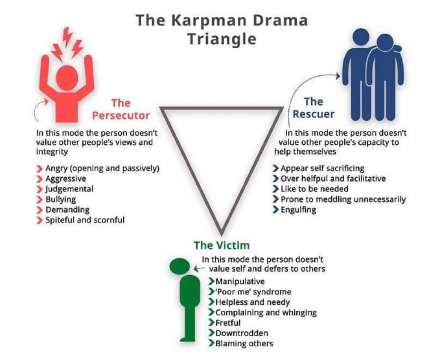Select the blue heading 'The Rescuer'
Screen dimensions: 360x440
(313, 108)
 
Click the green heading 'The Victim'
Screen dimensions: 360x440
(221, 245)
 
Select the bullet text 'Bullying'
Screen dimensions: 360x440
(61, 199)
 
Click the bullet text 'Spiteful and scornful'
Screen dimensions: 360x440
(85, 220)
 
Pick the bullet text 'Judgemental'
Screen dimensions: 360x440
(69, 189)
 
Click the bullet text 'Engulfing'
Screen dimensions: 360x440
(298, 210)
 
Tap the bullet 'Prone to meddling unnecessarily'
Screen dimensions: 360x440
(343, 199)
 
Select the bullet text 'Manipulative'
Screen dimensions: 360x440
(240, 282)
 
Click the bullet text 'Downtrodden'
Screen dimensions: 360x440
(236, 333)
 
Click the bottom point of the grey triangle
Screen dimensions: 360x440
(221, 230)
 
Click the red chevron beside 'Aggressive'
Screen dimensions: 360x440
(40, 179)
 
